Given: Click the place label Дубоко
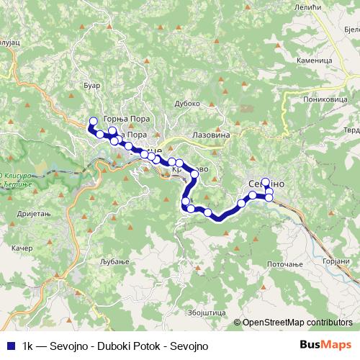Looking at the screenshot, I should (x=188, y=103).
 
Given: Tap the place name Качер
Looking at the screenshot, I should (x=22, y=248).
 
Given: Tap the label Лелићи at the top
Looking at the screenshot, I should (x=302, y=6).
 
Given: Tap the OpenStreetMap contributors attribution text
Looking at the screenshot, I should (x=297, y=323).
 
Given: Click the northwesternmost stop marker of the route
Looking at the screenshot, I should (x=92, y=121).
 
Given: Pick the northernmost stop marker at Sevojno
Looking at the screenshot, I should (x=266, y=182).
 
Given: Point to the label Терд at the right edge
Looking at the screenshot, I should (x=351, y=130).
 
